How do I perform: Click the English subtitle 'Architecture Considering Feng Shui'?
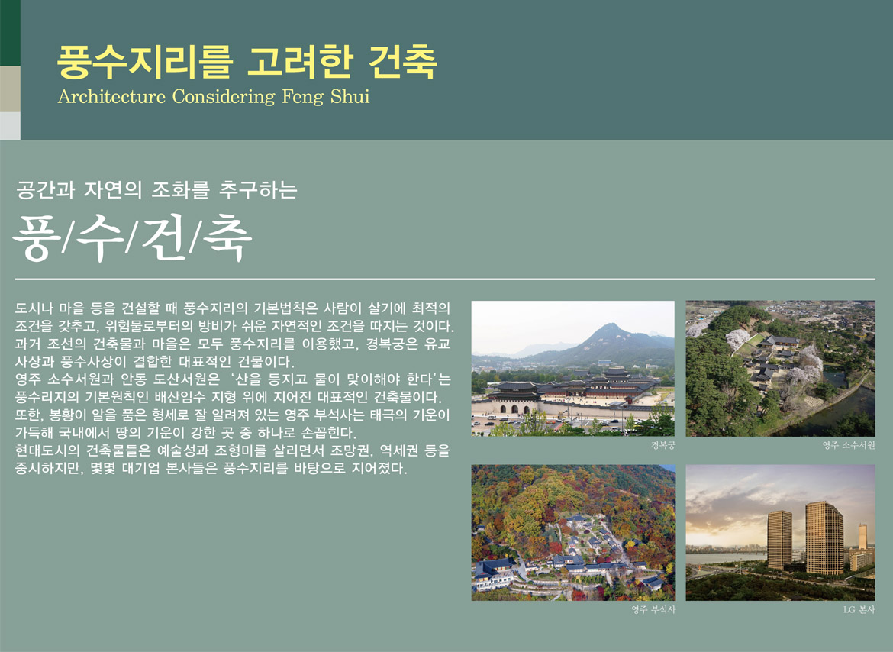coord(214,97)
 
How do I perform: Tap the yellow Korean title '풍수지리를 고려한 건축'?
coord(247,62)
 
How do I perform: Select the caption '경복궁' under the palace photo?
coord(663,445)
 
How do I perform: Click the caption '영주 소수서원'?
coord(849,445)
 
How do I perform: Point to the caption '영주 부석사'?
coord(653,610)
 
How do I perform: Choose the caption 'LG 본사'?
coord(859,610)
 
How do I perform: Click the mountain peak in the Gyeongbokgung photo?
coord(611,326)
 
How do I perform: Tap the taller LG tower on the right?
coord(824,537)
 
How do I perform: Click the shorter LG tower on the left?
coord(780,540)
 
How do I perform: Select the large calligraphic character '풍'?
coord(36,237)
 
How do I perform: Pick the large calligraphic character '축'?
coord(227,237)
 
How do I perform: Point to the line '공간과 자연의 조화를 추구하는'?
coord(156,190)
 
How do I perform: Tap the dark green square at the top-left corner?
coord(10,33)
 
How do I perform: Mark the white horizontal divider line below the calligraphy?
coord(446,279)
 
